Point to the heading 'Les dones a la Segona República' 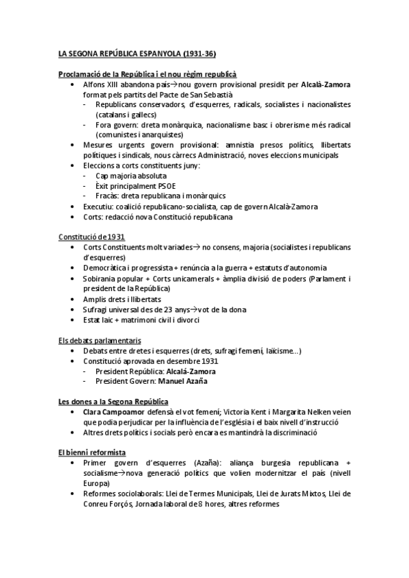point(113,401)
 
